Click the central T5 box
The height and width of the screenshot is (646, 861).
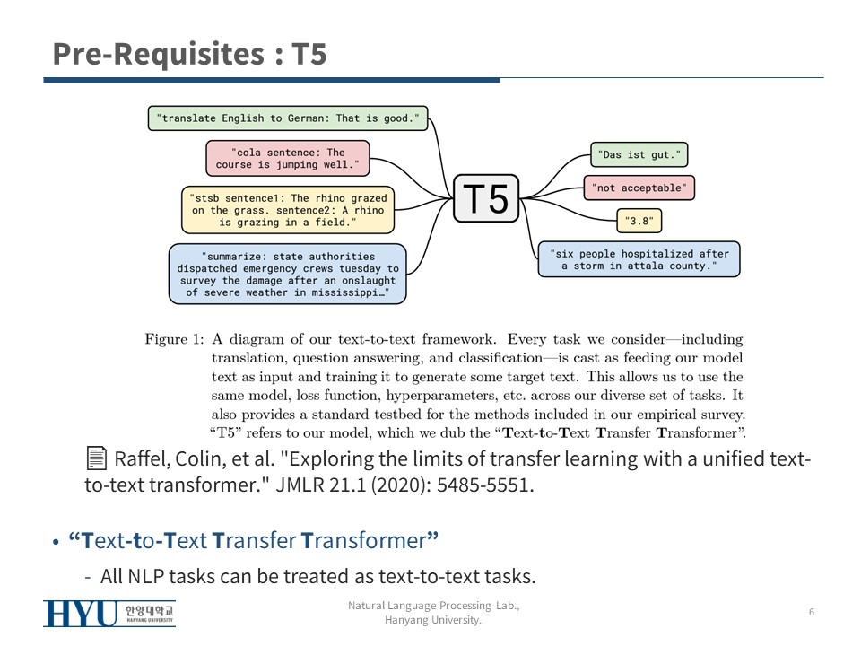pyautogui.click(x=486, y=198)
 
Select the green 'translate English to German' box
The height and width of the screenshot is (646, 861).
pyautogui.click(x=287, y=118)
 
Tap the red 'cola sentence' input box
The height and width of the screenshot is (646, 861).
pyautogui.click(x=287, y=159)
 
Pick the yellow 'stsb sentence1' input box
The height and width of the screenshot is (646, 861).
pyautogui.click(x=287, y=209)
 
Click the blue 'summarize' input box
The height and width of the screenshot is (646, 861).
pyautogui.click(x=287, y=274)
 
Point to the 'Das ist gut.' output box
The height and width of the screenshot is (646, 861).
pyautogui.click(x=639, y=154)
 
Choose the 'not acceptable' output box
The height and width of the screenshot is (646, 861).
pyautogui.click(x=639, y=188)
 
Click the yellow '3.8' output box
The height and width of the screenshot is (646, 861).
pyautogui.click(x=639, y=220)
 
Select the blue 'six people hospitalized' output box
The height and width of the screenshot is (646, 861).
pyautogui.click(x=639, y=259)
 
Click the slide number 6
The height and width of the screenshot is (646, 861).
pyautogui.click(x=811, y=613)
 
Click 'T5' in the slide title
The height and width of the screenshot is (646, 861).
pyautogui.click(x=309, y=55)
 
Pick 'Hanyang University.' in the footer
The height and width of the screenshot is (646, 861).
pyautogui.click(x=433, y=620)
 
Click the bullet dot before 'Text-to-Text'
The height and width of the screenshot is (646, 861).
pyautogui.click(x=56, y=543)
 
